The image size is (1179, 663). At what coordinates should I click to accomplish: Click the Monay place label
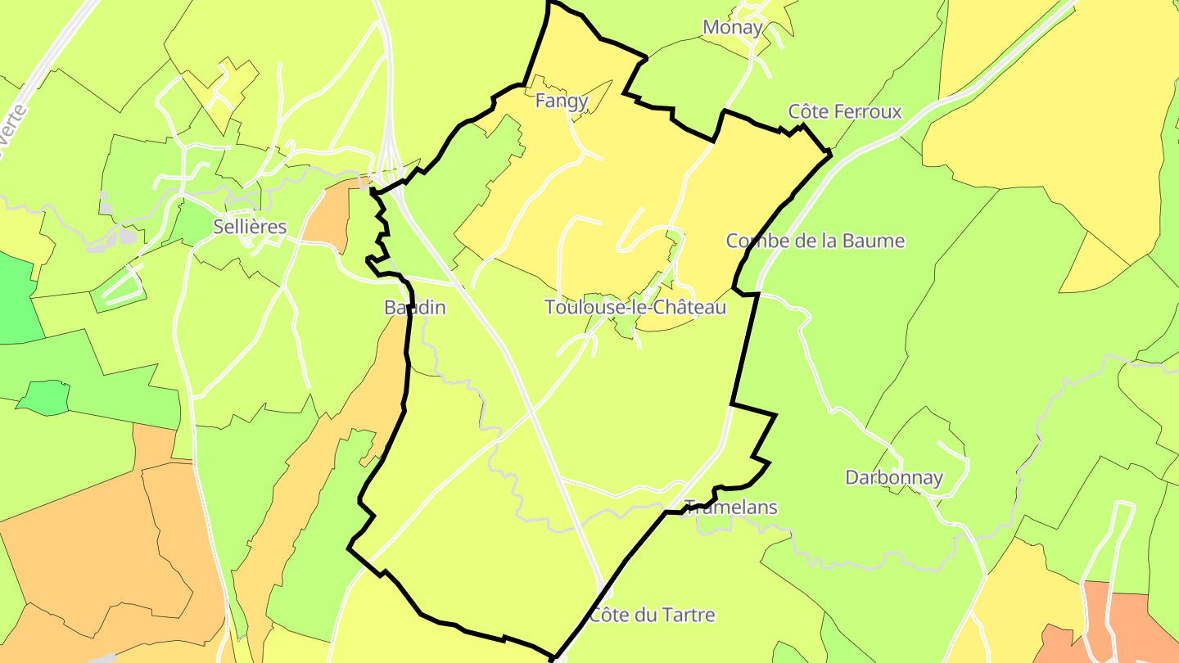(x=733, y=27)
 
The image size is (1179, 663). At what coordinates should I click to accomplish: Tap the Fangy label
(x=562, y=101)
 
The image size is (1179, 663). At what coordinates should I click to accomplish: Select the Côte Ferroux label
(x=845, y=111)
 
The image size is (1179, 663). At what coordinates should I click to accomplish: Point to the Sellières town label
(x=250, y=227)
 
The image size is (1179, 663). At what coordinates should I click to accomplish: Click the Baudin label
(x=415, y=308)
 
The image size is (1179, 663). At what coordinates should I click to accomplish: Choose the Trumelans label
(x=731, y=507)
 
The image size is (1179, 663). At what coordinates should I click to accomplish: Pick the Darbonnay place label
(x=894, y=477)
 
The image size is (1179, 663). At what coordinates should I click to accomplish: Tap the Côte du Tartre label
(x=653, y=615)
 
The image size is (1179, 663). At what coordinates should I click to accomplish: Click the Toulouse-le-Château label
(x=635, y=307)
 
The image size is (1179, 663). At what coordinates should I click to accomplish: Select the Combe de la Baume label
(x=815, y=241)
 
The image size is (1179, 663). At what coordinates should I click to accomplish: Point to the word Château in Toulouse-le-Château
(x=693, y=307)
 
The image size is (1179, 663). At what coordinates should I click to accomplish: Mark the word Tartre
(x=689, y=615)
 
